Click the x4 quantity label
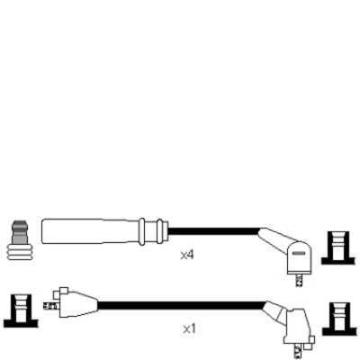click(x=187, y=255)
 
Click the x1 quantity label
click(x=189, y=329)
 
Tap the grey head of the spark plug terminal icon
click(x=19, y=232)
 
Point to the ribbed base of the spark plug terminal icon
click(x=20, y=252)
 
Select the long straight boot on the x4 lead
click(x=91, y=231)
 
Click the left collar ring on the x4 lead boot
click(x=142, y=231)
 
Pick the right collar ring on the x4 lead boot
click(x=160, y=231)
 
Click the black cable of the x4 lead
click(x=213, y=231)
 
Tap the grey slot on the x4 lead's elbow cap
click(x=299, y=253)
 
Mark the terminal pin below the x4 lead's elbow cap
click(x=299, y=280)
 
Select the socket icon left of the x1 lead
click(x=21, y=310)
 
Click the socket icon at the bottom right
click(x=339, y=319)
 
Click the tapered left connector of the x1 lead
click(x=76, y=304)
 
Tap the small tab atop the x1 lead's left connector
click(x=64, y=291)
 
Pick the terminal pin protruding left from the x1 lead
click(x=51, y=306)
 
